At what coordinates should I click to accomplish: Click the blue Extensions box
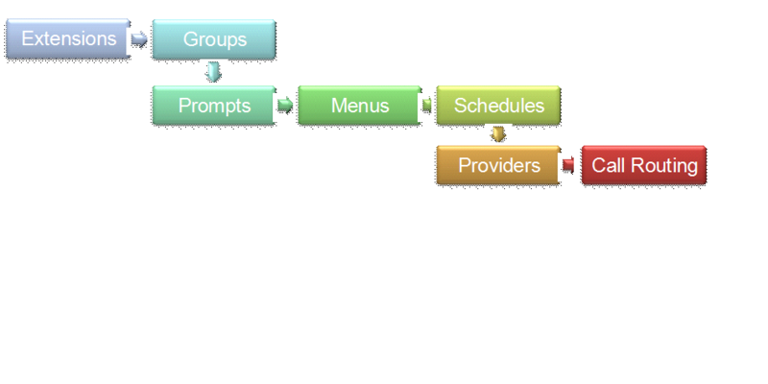(67, 39)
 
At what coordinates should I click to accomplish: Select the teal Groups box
(214, 39)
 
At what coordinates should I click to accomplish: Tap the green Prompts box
(214, 106)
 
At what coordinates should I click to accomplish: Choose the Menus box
(359, 106)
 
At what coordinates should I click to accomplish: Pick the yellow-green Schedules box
(498, 106)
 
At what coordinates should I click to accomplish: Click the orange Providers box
(498, 165)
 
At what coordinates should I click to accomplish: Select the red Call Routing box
(644, 165)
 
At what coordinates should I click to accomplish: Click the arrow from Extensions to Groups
(140, 39)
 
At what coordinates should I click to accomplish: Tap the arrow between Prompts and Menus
(285, 106)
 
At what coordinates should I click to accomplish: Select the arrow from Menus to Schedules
(427, 106)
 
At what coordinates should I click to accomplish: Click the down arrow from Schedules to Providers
(497, 134)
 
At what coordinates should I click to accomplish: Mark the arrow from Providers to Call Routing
(568, 165)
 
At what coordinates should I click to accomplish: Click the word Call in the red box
(608, 165)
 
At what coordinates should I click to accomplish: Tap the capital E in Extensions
(27, 39)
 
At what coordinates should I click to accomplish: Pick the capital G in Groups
(190, 39)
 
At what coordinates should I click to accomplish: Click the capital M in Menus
(338, 106)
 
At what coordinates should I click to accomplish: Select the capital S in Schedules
(460, 106)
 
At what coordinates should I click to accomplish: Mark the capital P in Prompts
(184, 106)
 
